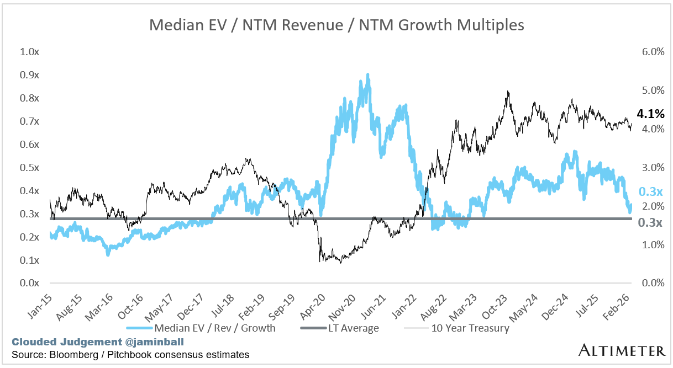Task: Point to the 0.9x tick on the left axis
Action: (29, 75)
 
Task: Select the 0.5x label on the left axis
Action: (29, 168)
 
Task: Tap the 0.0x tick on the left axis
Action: (29, 284)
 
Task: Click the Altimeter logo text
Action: (622, 350)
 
